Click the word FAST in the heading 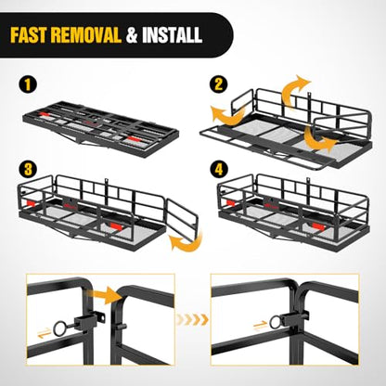point(29,35)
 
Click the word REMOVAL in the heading point(86,35)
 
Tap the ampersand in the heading point(132,35)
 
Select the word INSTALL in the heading point(173,35)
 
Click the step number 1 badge point(28,84)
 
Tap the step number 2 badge point(218,84)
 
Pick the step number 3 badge point(28,170)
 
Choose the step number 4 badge point(218,170)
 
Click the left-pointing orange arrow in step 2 point(229,115)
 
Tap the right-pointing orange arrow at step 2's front point(318,141)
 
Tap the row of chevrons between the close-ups point(192,319)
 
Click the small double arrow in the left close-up point(44,332)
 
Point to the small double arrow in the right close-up point(260,326)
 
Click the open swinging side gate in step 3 point(183,215)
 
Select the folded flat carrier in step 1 point(101,128)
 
